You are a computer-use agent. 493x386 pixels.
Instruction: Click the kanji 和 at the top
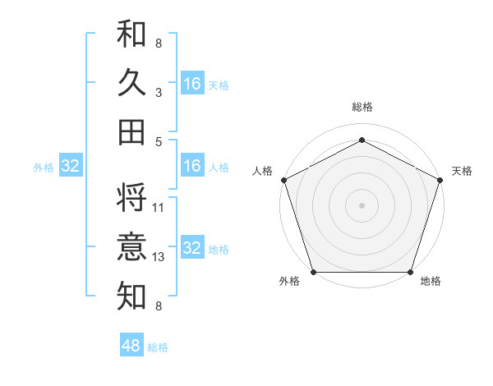click(x=132, y=34)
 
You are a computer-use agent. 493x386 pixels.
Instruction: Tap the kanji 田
click(x=132, y=131)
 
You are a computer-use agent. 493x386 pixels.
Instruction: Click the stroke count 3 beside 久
click(x=159, y=94)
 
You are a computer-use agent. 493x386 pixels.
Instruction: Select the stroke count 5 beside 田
click(x=159, y=141)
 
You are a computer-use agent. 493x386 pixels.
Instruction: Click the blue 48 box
click(x=131, y=346)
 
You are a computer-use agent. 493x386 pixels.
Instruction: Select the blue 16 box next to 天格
click(x=192, y=84)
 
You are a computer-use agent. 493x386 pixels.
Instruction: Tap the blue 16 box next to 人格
click(x=192, y=166)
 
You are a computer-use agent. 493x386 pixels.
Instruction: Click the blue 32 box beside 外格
click(x=71, y=167)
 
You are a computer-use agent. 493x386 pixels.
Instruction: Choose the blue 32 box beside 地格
click(x=192, y=248)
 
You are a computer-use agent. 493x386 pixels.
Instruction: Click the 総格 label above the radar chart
click(x=362, y=108)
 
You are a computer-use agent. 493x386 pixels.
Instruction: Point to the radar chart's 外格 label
click(x=289, y=281)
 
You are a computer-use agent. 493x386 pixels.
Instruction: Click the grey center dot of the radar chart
click(x=362, y=204)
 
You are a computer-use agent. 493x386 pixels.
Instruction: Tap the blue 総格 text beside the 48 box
click(x=158, y=347)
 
